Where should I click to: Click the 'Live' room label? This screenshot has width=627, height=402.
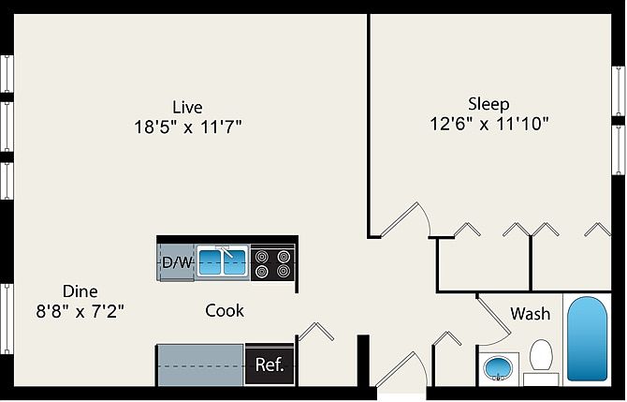(187, 107)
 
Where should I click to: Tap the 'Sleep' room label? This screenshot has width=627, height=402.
(488, 102)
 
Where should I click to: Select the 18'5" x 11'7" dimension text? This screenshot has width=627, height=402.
(187, 127)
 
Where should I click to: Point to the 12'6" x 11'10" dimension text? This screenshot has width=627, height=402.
(488, 123)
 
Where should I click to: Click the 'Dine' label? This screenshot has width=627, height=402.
(80, 290)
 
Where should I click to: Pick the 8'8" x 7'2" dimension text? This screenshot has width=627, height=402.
(80, 311)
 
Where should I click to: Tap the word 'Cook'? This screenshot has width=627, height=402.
(225, 310)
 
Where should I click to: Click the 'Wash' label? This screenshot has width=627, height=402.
(530, 314)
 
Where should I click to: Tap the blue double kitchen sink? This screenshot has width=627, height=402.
(222, 261)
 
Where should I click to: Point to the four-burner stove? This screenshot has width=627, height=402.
(272, 261)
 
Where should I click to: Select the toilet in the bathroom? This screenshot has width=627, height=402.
(541, 360)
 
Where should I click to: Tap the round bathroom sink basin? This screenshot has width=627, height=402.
(499, 368)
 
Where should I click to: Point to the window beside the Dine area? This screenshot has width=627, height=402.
(6, 319)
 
